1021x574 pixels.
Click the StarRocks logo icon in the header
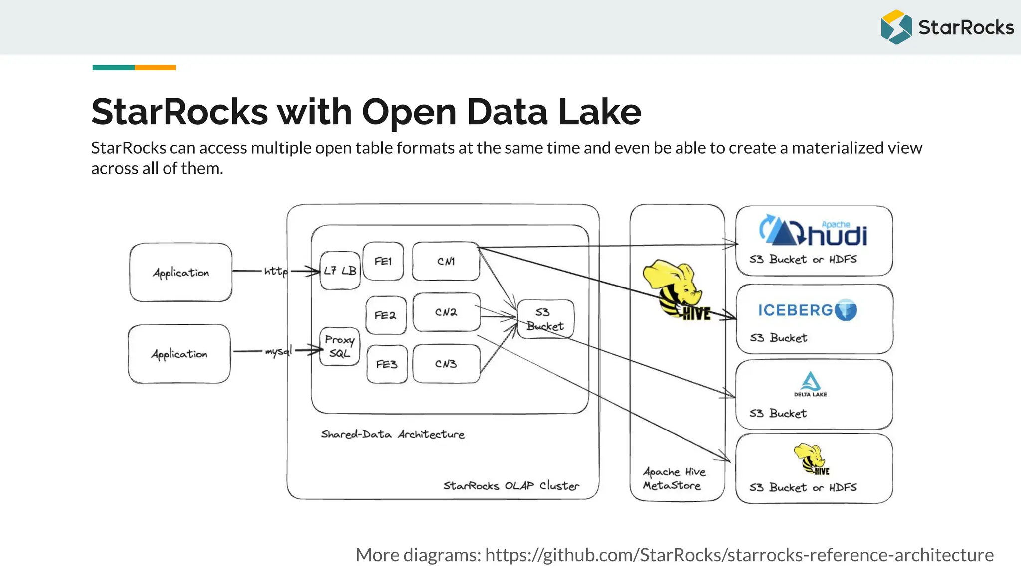[x=896, y=27]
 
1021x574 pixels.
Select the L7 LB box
[x=340, y=271]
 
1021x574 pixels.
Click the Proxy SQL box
[x=340, y=346]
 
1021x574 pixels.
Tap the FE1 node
[x=383, y=261]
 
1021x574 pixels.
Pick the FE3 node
[x=387, y=364]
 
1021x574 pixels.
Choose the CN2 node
[x=446, y=312]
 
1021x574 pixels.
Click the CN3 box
[x=446, y=364]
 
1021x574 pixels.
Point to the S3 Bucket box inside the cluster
[x=545, y=319]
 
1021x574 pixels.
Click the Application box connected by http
[x=180, y=273]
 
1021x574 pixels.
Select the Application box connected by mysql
[x=179, y=354]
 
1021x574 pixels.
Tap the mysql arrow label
[x=278, y=351]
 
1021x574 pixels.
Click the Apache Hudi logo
[x=814, y=231]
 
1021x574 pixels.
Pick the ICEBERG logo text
[x=795, y=310]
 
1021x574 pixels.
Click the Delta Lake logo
[x=811, y=384]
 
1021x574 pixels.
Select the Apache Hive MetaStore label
[x=674, y=478]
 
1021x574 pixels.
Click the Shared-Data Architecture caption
[x=392, y=434]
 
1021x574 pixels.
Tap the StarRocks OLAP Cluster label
[x=511, y=486]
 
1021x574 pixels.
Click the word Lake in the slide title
[x=599, y=112]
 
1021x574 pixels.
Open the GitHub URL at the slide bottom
[x=739, y=555]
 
